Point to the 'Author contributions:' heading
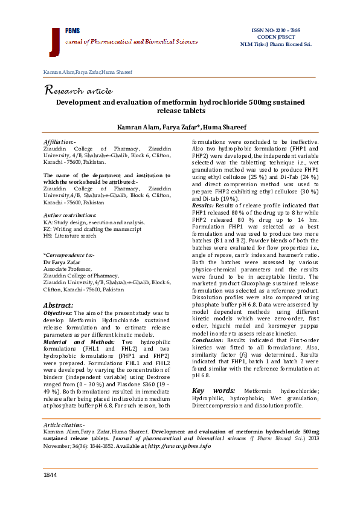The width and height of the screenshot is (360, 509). (x=71, y=216)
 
